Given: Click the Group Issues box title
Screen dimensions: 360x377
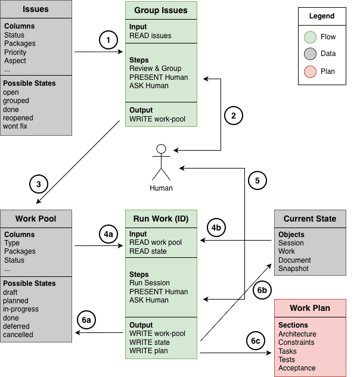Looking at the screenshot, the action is pos(161,10).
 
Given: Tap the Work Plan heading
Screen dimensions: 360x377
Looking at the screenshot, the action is pos(310,308).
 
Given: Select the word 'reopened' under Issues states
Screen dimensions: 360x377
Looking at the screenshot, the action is pos(18,118).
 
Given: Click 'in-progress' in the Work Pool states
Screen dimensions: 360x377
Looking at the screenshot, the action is pos(21,309).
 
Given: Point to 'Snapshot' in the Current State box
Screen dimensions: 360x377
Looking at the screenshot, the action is pos(293,269).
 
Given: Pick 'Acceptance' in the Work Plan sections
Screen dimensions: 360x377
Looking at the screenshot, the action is pos(297,368).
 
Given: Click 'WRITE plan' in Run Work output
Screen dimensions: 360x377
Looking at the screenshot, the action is pos(148,351).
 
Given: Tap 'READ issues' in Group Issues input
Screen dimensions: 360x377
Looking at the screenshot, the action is pos(150,36).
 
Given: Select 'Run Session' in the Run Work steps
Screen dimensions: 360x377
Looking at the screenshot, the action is pos(150,283).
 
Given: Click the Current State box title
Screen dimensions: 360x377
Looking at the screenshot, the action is pos(310,219).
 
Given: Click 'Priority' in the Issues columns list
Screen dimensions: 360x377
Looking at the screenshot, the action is pos(15,52).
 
